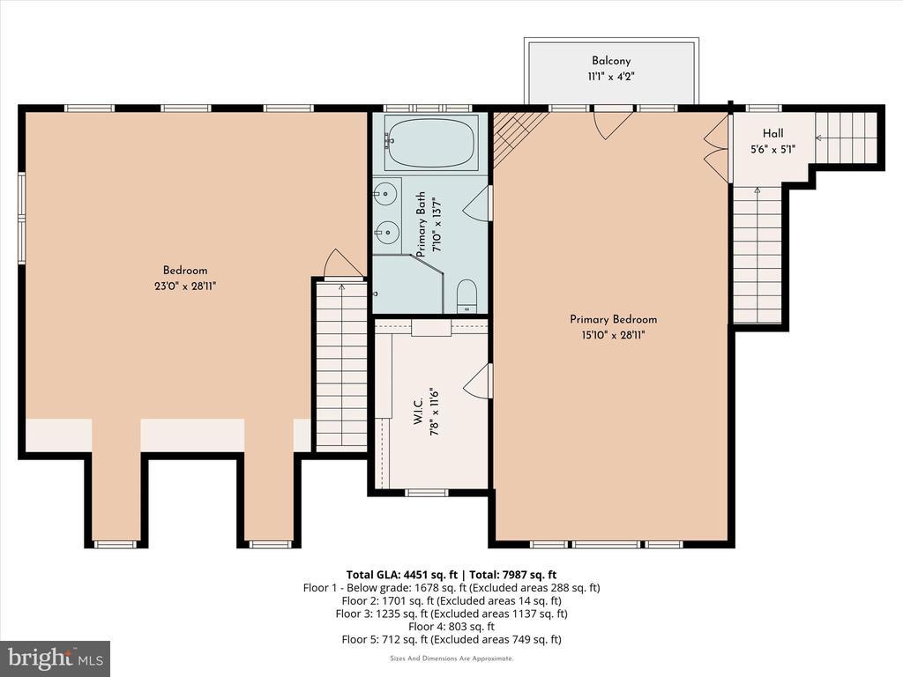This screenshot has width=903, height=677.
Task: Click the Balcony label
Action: [611, 61]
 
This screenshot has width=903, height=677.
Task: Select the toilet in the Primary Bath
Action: [466, 296]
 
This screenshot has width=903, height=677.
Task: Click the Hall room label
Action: [772, 133]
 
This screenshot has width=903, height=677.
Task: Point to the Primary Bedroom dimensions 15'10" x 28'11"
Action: [613, 335]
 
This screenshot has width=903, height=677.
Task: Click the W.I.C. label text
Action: [419, 412]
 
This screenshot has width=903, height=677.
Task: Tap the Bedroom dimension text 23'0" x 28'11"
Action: [185, 286]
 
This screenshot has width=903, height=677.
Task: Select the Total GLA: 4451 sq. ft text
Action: [402, 575]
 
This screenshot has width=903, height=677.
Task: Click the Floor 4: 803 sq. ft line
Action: [451, 627]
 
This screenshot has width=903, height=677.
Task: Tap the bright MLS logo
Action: [56, 658]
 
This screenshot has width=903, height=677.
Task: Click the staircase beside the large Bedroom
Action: [341, 365]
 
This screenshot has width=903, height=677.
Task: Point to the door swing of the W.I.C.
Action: [477, 380]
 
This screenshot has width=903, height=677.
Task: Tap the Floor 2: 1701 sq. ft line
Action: [451, 601]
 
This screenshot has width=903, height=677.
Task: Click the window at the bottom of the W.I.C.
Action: [427, 493]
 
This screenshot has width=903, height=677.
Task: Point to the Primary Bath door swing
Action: [477, 203]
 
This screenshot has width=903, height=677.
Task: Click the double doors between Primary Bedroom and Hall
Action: [717, 148]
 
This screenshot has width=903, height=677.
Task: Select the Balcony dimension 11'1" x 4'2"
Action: [611, 77]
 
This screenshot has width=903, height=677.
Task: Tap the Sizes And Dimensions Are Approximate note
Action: [451, 658]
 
